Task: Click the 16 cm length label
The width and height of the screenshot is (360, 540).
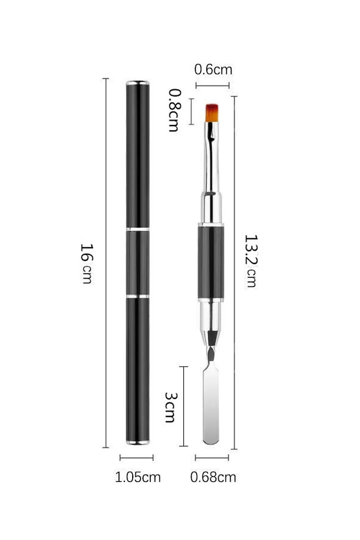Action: coord(86,264)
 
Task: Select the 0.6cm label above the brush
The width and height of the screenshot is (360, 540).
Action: coord(213,70)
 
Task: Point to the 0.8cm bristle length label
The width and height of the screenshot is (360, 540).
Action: coord(175,110)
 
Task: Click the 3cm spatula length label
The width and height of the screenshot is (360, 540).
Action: coord(171,408)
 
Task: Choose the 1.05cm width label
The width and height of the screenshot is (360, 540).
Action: coord(138,477)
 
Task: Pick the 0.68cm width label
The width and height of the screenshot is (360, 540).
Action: coord(213,477)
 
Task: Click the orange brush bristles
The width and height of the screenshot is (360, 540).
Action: coord(212,113)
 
